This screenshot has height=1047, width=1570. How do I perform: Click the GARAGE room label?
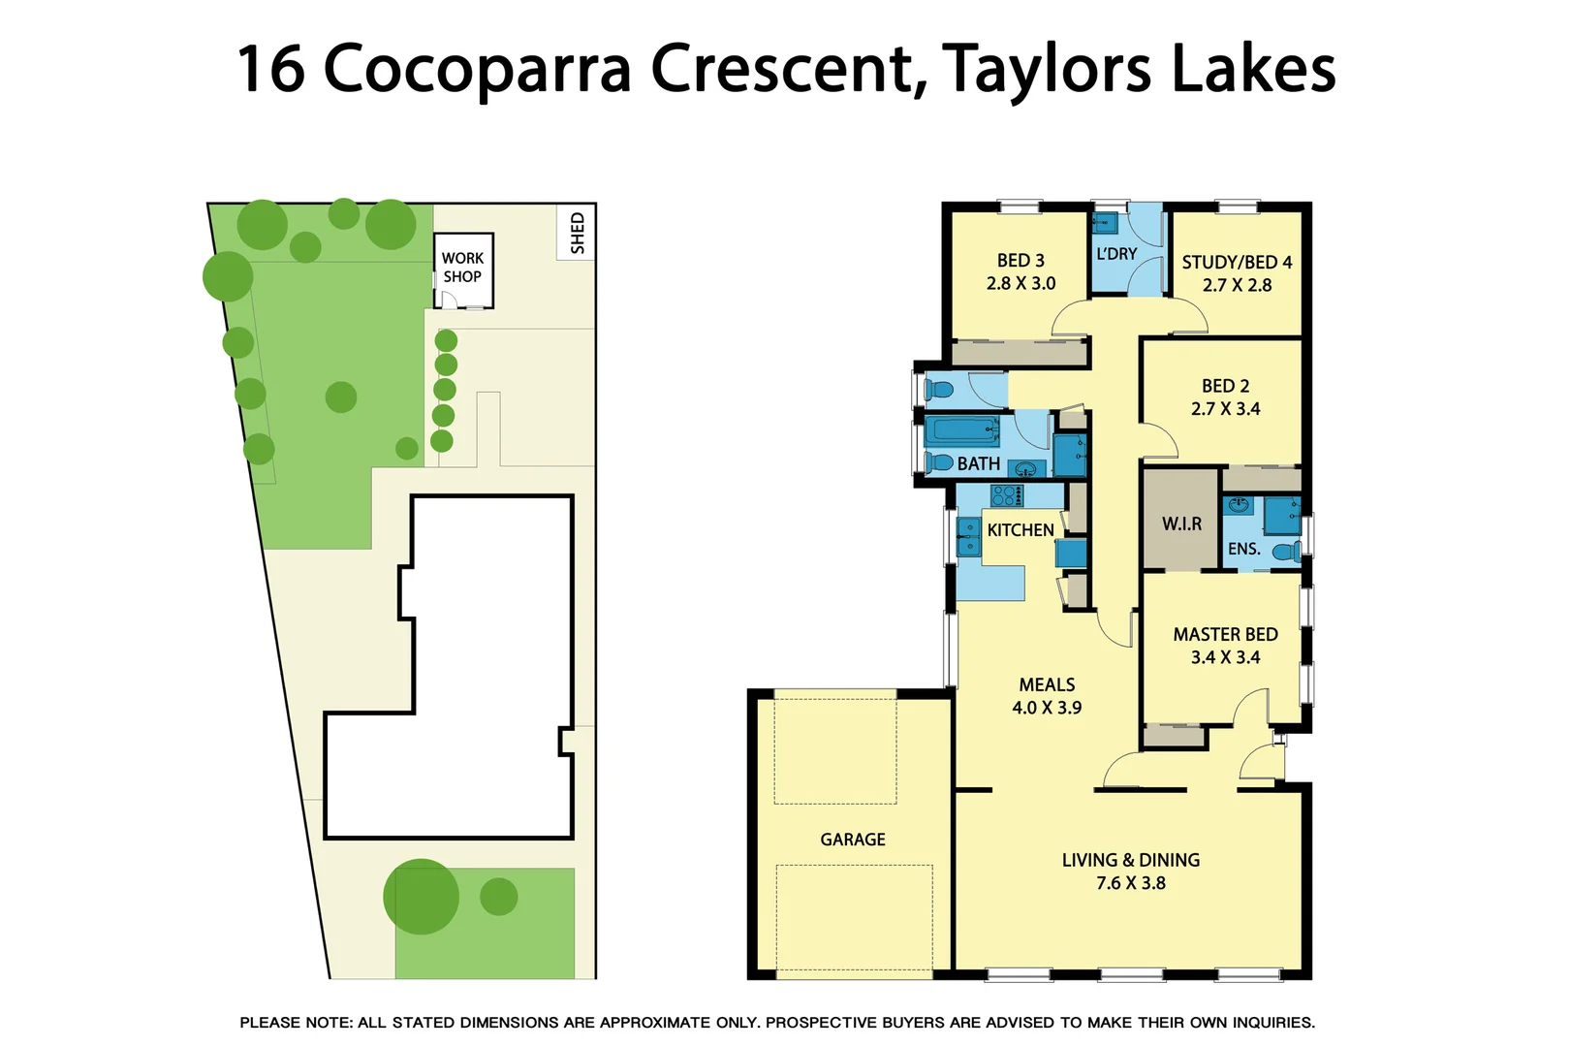tap(853, 840)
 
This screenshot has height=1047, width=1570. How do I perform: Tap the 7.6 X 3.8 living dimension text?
tap(1130, 883)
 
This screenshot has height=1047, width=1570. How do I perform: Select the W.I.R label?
tap(1181, 523)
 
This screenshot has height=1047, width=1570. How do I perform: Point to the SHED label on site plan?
tap(578, 233)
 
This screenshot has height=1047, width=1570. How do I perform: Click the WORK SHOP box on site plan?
tap(463, 269)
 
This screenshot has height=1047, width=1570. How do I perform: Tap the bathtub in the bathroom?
tap(962, 429)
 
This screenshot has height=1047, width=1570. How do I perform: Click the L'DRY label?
tap(1116, 254)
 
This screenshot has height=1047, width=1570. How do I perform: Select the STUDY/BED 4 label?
tap(1237, 263)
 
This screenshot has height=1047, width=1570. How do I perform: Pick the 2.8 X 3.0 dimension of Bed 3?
tap(1020, 284)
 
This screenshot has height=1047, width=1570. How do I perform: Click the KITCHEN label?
tap(1020, 530)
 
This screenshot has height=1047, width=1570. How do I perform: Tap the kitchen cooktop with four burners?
tap(1007, 495)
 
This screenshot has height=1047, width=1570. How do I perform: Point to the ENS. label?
tap(1243, 549)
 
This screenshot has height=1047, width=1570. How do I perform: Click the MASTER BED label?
tap(1225, 635)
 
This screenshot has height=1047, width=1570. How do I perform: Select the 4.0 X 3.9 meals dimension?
tap(1047, 708)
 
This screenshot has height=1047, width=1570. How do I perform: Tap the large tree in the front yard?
tap(421, 897)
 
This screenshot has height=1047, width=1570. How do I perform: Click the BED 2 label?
tap(1225, 386)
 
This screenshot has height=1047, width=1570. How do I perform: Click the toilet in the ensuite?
tap(1286, 552)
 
